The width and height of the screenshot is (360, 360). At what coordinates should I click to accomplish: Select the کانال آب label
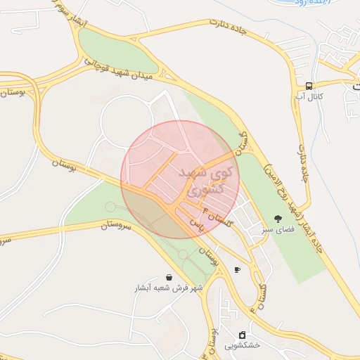click(x=309, y=96)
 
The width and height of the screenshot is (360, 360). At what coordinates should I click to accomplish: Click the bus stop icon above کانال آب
click(x=309, y=85)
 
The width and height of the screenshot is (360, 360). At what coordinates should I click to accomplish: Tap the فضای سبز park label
click(x=278, y=230)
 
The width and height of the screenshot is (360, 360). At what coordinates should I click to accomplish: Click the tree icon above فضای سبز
click(x=278, y=219)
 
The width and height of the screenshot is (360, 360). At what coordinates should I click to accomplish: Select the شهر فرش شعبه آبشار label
click(x=169, y=288)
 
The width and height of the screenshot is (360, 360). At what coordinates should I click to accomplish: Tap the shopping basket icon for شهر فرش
click(x=169, y=278)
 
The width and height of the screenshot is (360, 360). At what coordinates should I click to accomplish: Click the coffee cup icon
click(x=237, y=269)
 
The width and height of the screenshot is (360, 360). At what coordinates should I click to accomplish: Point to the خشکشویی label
click(x=243, y=345)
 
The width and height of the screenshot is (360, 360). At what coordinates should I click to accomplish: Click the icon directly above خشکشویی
click(x=243, y=335)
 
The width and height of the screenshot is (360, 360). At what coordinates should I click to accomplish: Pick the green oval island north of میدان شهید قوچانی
click(x=116, y=51)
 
